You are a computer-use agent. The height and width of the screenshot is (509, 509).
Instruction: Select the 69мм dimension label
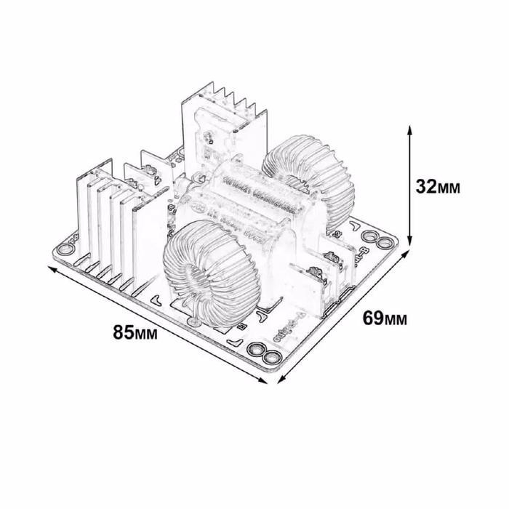(x=385, y=318)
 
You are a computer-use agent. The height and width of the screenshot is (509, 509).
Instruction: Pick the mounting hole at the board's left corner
(x=65, y=250)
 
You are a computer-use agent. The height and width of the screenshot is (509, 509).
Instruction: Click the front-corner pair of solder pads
(x=263, y=354)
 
